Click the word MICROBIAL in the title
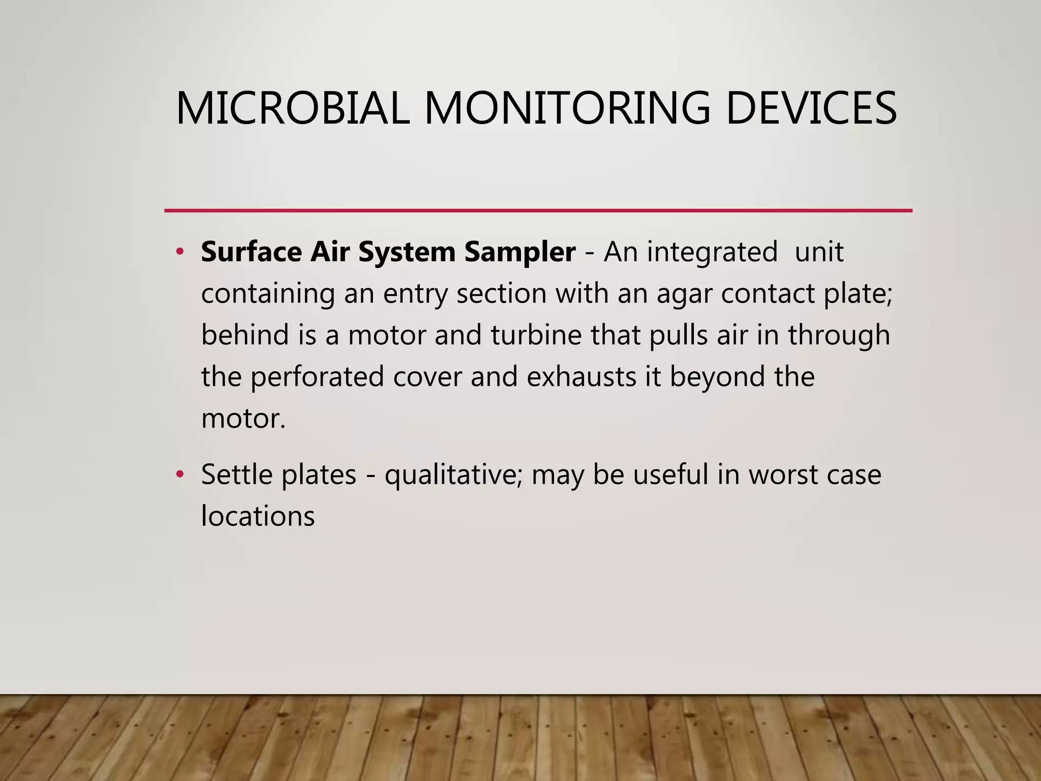(x=292, y=108)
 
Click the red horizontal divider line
(x=538, y=211)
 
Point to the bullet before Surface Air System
(x=179, y=252)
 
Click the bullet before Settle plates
(x=179, y=474)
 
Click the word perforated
(x=317, y=378)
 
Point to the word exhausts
(x=581, y=377)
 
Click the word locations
(x=258, y=516)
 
